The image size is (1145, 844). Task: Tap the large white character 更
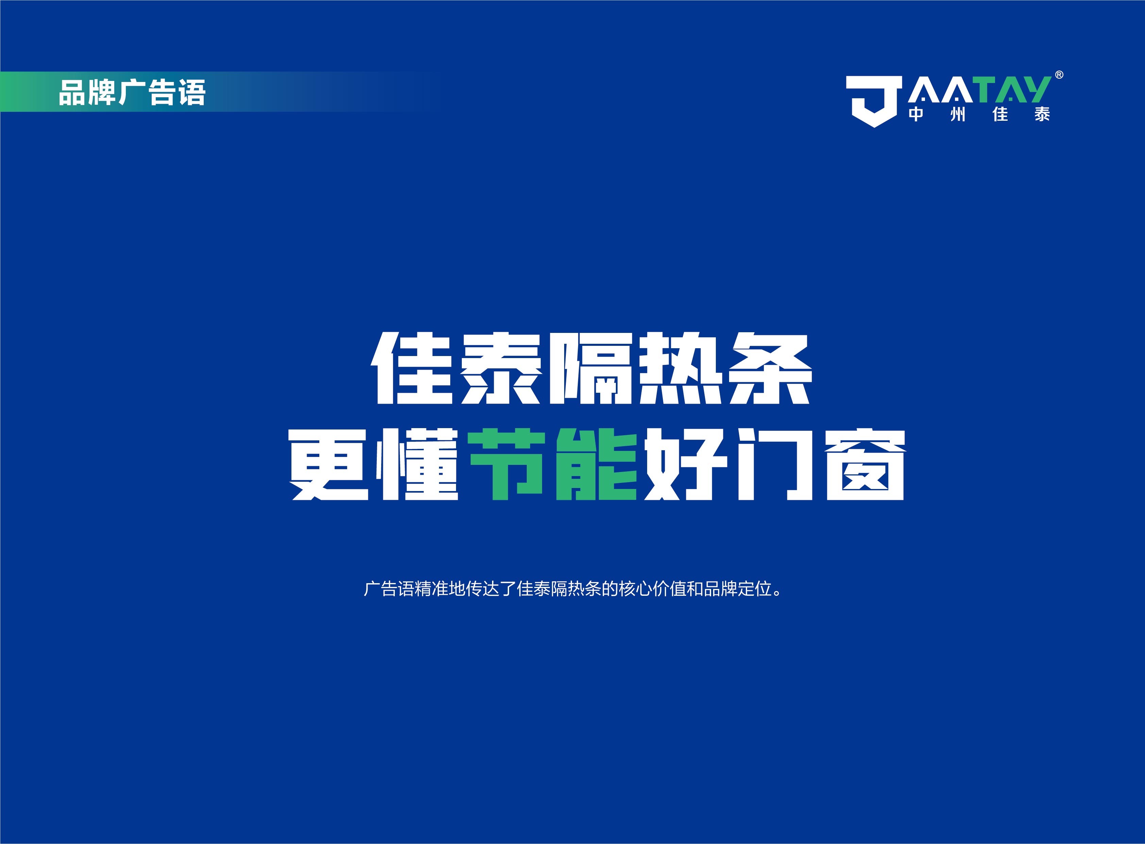(330, 465)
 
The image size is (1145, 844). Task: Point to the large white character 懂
(418, 465)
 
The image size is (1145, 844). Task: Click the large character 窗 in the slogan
(865, 465)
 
